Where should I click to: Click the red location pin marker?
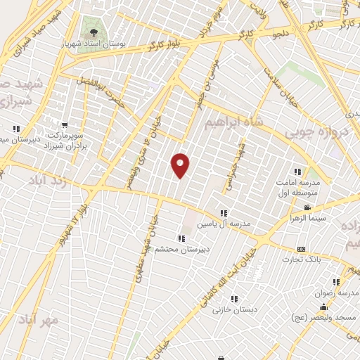(181, 165)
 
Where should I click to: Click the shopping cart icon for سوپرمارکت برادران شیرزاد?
(65, 124)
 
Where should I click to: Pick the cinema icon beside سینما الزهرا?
(307, 207)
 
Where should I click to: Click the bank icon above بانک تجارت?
(302, 249)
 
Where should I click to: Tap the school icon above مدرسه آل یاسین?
(224, 213)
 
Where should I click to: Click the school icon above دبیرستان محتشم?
(182, 239)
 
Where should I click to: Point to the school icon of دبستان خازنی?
(226, 299)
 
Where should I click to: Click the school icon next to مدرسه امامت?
(297, 171)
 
